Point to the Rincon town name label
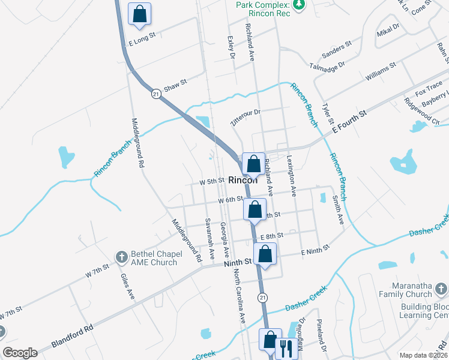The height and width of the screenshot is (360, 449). click(243, 179)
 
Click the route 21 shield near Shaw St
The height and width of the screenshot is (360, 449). click(157, 94)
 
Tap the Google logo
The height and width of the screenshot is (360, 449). click(20, 353)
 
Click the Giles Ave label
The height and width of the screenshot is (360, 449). click(127, 286)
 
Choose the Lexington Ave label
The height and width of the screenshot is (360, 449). click(291, 176)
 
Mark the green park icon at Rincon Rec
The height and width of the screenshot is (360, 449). click(300, 5)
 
